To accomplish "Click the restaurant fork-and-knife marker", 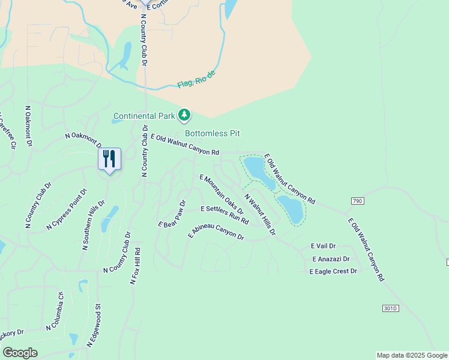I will point(109,159).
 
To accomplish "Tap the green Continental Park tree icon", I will point(184,115).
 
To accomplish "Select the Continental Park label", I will point(144,115).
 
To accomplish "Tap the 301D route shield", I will point(390,308).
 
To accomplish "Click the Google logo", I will point(20,353).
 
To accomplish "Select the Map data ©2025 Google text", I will point(411,355).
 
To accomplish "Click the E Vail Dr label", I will point(323,246).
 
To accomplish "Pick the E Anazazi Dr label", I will point(331,259).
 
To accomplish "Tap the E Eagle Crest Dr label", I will point(333,271).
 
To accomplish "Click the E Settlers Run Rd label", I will point(224,214).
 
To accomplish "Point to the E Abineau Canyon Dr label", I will point(216,232).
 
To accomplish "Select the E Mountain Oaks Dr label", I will point(221,194).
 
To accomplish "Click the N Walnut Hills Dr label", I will point(259,214).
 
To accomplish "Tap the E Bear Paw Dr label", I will point(173,214).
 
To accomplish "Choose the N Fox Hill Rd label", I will point(136,266).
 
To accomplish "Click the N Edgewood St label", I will point(94,325).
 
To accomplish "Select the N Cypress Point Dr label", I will point(67,209).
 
